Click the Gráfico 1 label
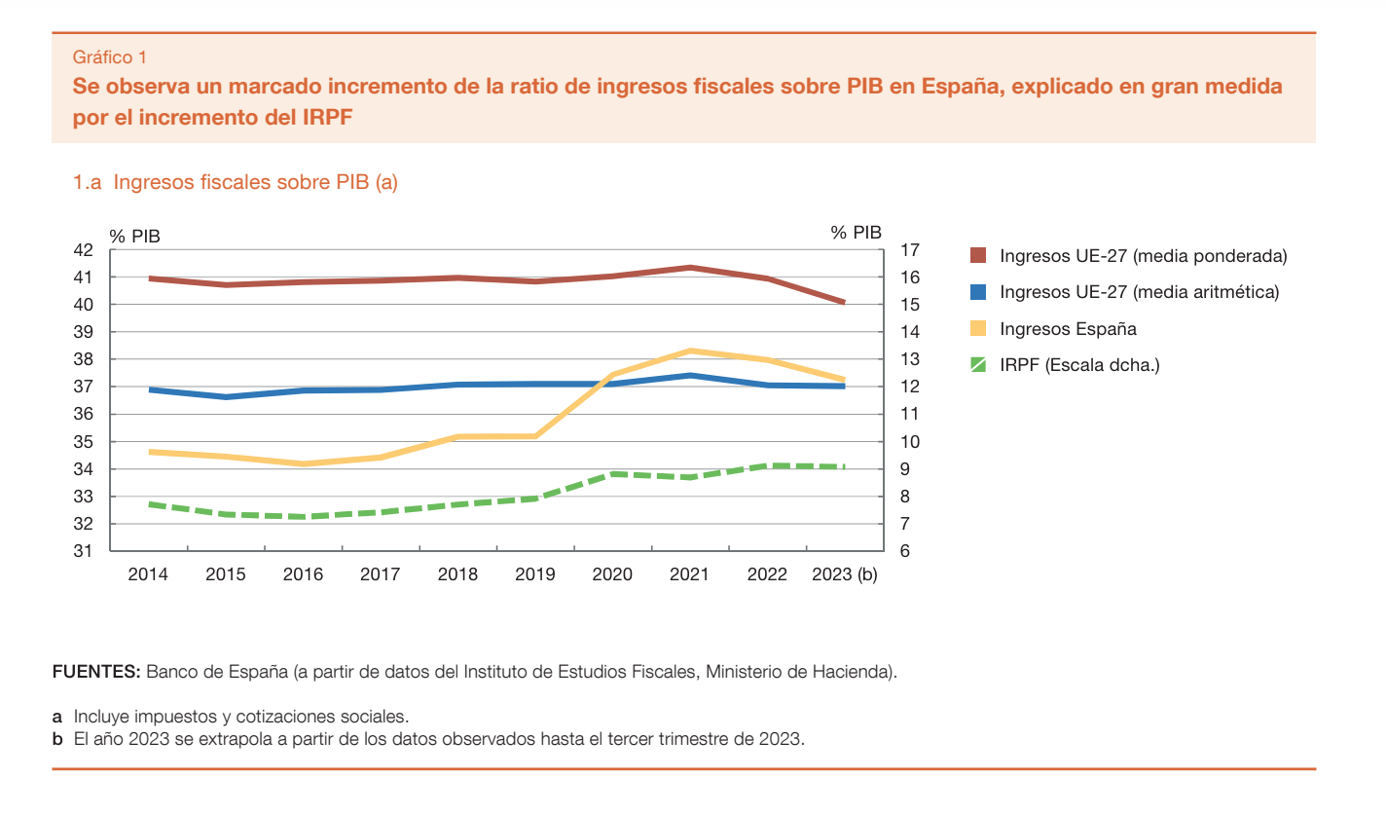pyautogui.click(x=110, y=57)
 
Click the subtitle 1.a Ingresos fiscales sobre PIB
pyautogui.click(x=236, y=182)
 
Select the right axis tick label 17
pyautogui.click(x=911, y=250)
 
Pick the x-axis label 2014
pyautogui.click(x=148, y=574)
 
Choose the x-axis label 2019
pyautogui.click(x=534, y=574)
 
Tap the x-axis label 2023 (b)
pyautogui.click(x=845, y=574)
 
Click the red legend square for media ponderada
pyautogui.click(x=979, y=256)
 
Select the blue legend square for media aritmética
pyautogui.click(x=979, y=292)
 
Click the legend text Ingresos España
pyautogui.click(x=1068, y=329)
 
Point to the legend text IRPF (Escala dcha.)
pyautogui.click(x=1079, y=365)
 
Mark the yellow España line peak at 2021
pyautogui.click(x=689, y=351)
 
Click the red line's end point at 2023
pyautogui.click(x=843, y=302)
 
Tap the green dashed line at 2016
pyautogui.click(x=303, y=516)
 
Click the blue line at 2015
pyautogui.click(x=226, y=396)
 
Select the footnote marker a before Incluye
pyautogui.click(x=57, y=717)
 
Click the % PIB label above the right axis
pyautogui.click(x=856, y=233)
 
